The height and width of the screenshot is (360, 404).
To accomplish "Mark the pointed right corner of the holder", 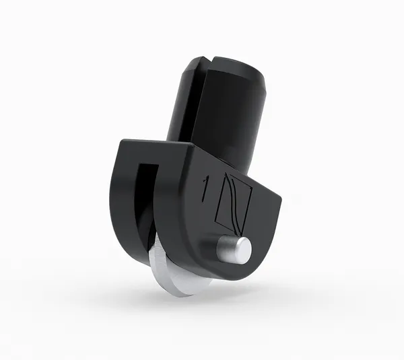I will [x=279, y=196].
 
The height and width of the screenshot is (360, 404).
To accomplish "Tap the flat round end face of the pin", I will [x=242, y=250].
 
